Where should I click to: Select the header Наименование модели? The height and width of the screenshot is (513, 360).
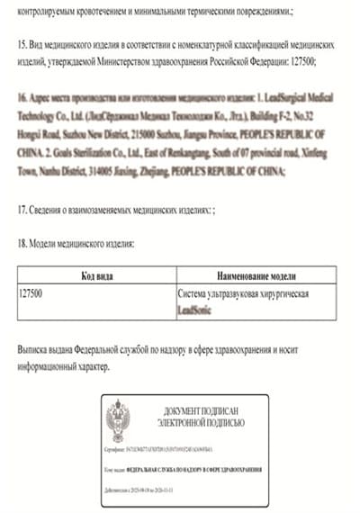coord(256,275)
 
